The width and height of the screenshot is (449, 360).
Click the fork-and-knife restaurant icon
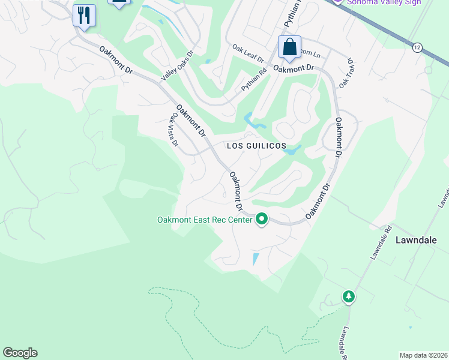[x=84, y=15]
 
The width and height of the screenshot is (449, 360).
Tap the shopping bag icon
[x=289, y=47]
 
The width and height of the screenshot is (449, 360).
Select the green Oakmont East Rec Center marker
[x=261, y=220]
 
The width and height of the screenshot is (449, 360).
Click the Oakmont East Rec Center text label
[x=205, y=220]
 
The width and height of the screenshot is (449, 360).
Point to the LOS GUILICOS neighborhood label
[x=256, y=146]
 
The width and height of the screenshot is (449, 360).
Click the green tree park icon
[x=348, y=296]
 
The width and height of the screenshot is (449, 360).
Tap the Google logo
[x=20, y=353]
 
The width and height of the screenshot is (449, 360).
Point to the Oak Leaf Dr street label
[x=249, y=53]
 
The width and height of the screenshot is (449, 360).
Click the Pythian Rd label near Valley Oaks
[x=254, y=80]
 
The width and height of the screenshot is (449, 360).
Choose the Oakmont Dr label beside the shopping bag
[x=294, y=69]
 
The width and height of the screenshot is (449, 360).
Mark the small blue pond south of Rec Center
[x=256, y=259]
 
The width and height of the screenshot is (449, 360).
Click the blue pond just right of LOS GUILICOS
[x=291, y=151]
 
